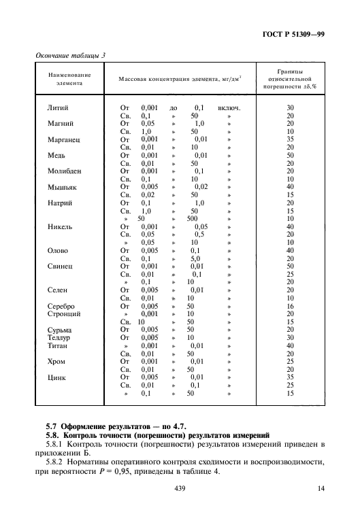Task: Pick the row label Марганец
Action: point(63,139)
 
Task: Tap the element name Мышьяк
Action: point(61,187)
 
